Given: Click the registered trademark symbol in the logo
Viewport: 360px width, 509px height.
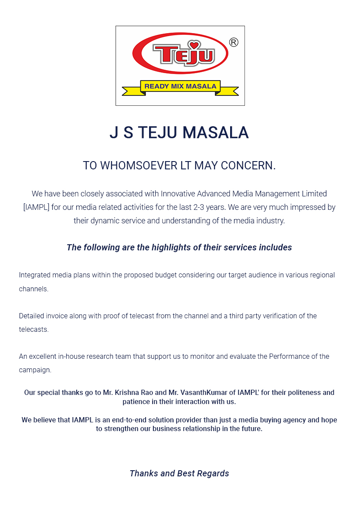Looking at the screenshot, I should click(x=234, y=42).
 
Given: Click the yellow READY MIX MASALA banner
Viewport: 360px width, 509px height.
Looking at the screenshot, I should click(x=180, y=86).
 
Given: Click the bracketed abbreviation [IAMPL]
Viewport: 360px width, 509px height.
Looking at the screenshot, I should click(x=36, y=207).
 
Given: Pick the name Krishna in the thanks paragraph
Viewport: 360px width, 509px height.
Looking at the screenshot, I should click(x=128, y=393).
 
